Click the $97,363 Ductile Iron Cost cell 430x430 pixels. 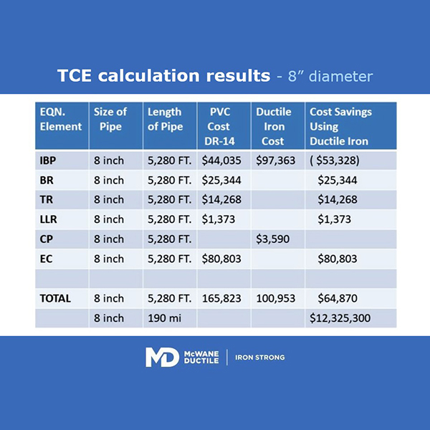(276, 161)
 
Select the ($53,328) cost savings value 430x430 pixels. (335, 161)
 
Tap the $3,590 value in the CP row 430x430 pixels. (272, 239)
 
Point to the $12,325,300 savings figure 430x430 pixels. (340, 318)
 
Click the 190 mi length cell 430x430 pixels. (165, 318)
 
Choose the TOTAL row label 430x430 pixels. (55, 298)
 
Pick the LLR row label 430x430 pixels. (48, 219)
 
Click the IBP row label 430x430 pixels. (48, 161)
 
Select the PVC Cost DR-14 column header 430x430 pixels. (220, 126)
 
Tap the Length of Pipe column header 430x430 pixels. (166, 119)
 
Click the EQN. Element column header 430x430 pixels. (61, 119)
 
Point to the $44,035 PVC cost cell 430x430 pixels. (221, 161)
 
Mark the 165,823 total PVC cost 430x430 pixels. (221, 298)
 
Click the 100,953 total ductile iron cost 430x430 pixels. (276, 298)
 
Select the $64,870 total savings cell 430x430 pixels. (338, 298)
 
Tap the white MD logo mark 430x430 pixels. (162, 357)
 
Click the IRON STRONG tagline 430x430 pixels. (260, 358)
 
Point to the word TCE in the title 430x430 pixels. (75, 75)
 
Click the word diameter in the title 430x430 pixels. (341, 76)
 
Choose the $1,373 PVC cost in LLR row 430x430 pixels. (219, 219)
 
